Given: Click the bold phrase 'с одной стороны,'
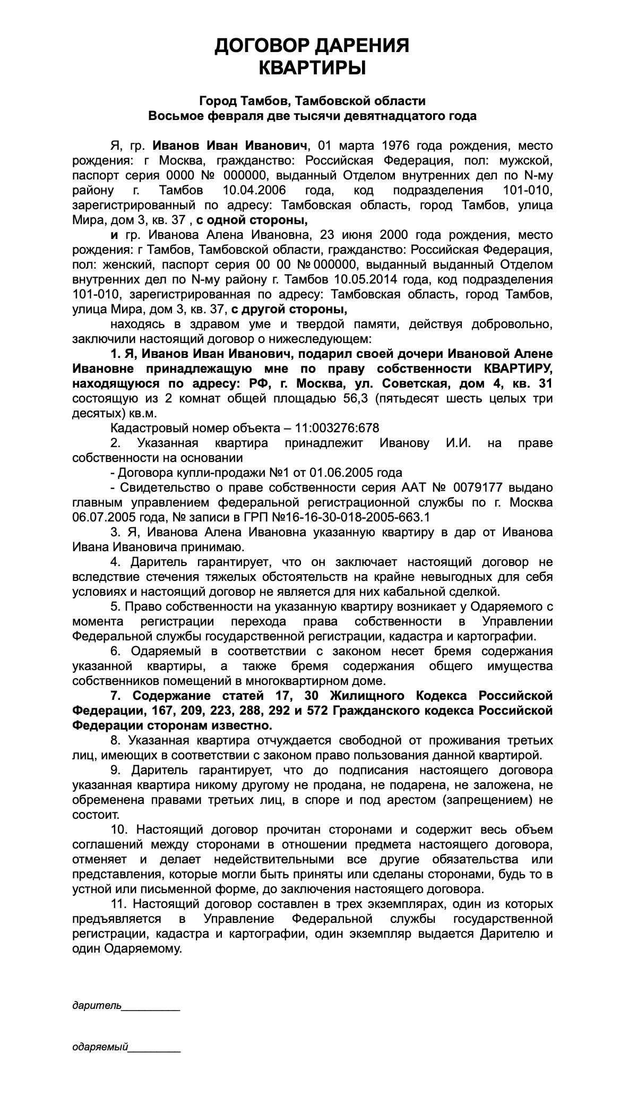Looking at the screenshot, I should (253, 220).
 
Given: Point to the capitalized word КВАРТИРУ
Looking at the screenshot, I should (518, 369).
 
